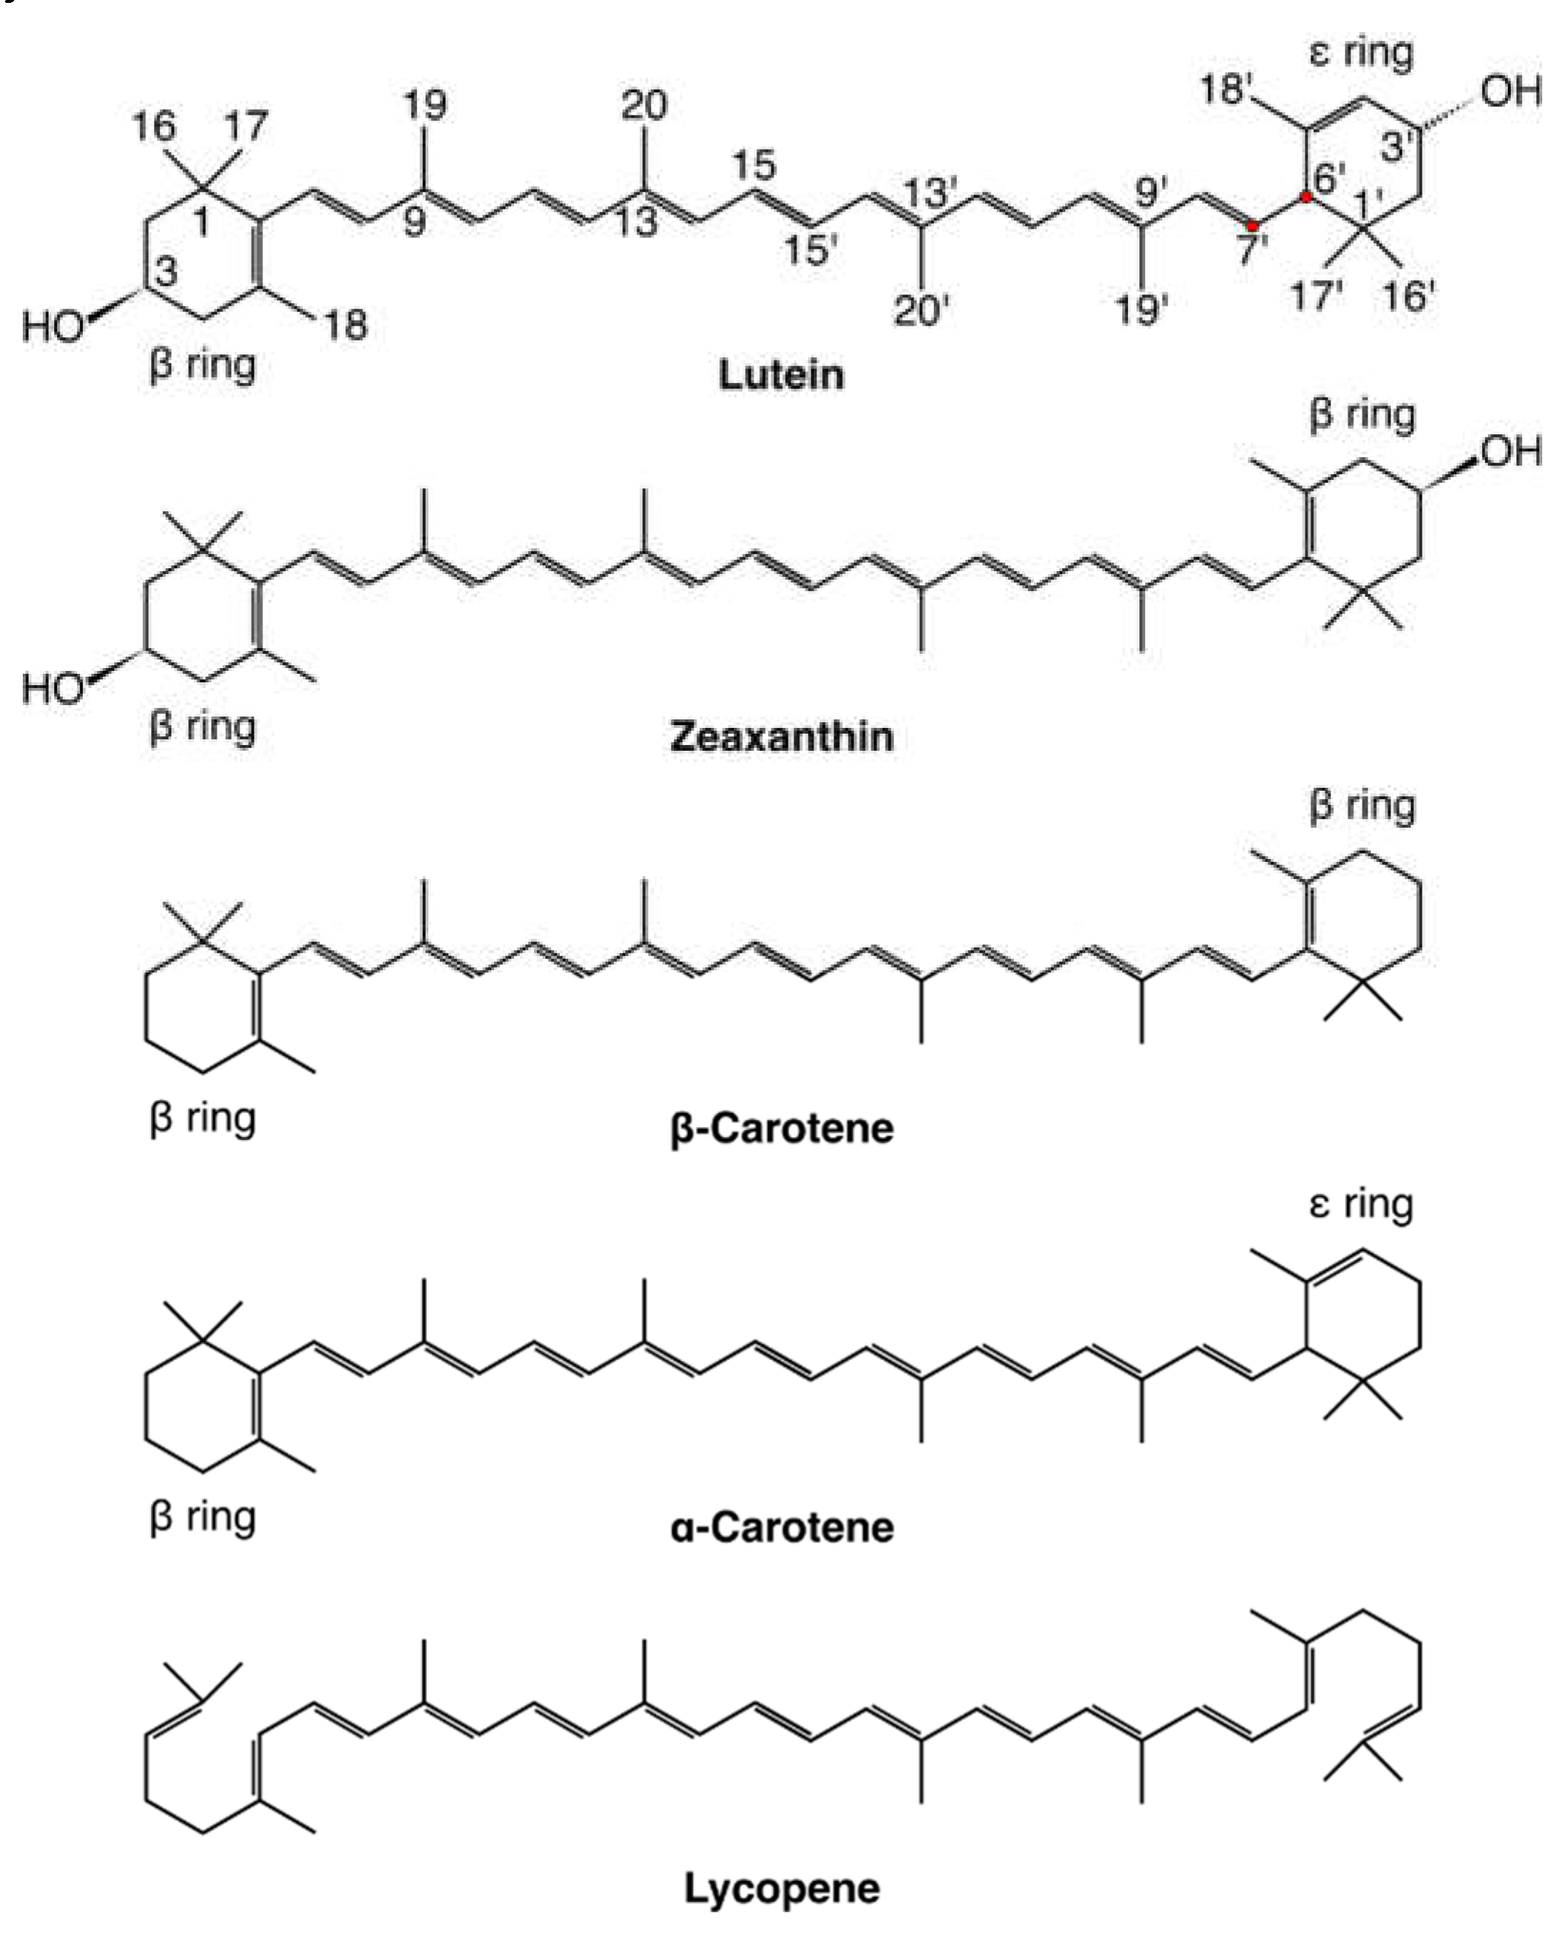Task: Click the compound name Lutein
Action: [x=781, y=374]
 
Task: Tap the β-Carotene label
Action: [x=781, y=1128]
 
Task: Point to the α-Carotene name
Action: [x=781, y=1528]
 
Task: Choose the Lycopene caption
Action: [x=781, y=1889]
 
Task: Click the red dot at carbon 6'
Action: [x=1305, y=196]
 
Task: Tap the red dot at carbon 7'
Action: [x=1252, y=225]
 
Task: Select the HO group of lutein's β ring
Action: [x=53, y=326]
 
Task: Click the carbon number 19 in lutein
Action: [x=424, y=106]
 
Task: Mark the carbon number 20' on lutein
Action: [x=920, y=311]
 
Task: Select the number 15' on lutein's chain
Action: [x=810, y=250]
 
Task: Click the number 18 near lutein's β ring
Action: [x=346, y=324]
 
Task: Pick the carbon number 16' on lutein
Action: [x=1409, y=296]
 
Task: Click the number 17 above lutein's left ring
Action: [x=247, y=125]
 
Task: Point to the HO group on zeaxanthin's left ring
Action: [x=53, y=688]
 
